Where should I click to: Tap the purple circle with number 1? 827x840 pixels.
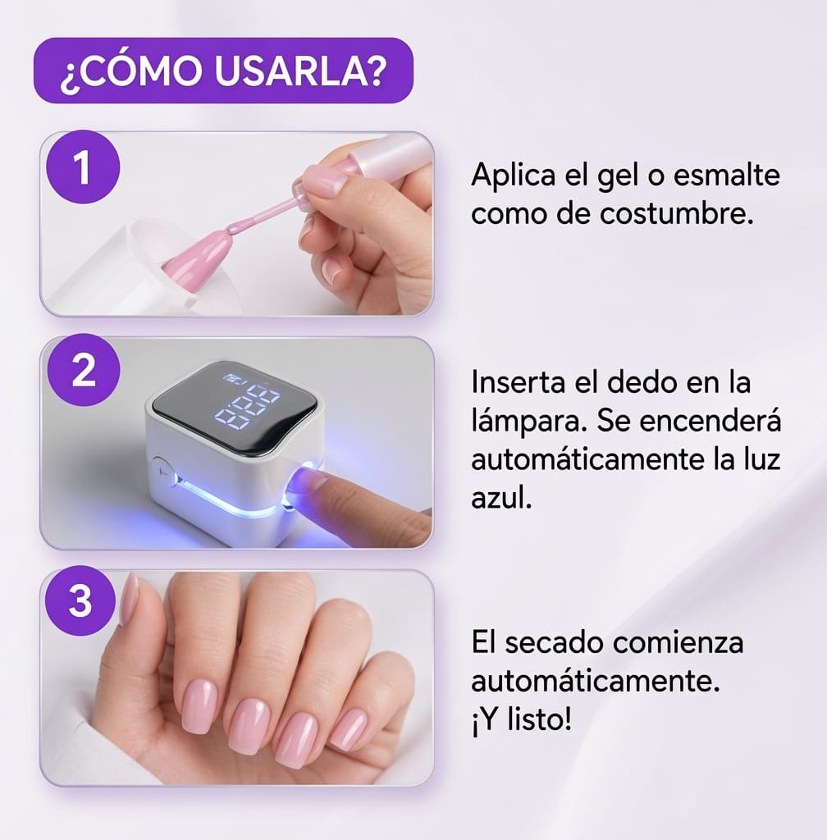tap(83, 167)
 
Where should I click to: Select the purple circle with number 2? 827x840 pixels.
tap(83, 370)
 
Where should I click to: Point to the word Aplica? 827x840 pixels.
tap(514, 176)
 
